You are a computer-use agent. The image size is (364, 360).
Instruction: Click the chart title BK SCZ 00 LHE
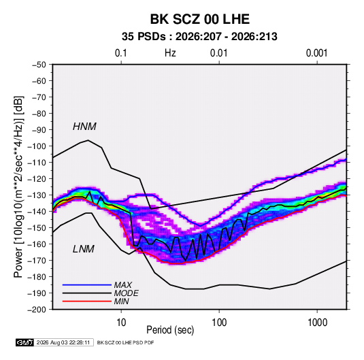tap(199, 19)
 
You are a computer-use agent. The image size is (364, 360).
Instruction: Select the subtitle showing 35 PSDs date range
tap(199, 37)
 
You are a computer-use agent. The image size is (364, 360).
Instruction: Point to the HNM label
tap(84, 127)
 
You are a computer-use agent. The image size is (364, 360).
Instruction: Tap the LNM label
tap(84, 249)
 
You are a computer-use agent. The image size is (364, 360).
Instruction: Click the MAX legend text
tap(123, 285)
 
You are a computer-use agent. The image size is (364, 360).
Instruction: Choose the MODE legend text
tap(127, 293)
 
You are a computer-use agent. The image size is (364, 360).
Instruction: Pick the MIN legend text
tap(121, 301)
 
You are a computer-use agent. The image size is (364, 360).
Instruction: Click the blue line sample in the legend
tap(87, 285)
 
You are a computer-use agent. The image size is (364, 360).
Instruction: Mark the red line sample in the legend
tap(87, 301)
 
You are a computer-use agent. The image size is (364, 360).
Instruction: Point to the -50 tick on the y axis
tap(39, 65)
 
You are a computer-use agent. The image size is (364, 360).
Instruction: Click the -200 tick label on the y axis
tap(37, 310)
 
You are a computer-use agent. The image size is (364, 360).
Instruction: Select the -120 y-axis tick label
tap(37, 179)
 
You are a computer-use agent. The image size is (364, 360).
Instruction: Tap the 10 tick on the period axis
tap(121, 323)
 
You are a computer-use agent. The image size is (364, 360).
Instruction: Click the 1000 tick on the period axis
tap(317, 323)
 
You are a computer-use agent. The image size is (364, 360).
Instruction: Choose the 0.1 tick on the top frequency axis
tap(121, 53)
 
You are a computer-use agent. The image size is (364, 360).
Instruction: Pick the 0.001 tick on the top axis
tap(317, 53)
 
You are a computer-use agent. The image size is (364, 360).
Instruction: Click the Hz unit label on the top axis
tap(170, 53)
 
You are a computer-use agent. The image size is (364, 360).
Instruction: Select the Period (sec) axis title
tap(170, 330)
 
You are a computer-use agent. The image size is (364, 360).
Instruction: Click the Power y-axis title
tap(18, 187)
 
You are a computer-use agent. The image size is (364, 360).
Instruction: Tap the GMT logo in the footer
tap(25, 342)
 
